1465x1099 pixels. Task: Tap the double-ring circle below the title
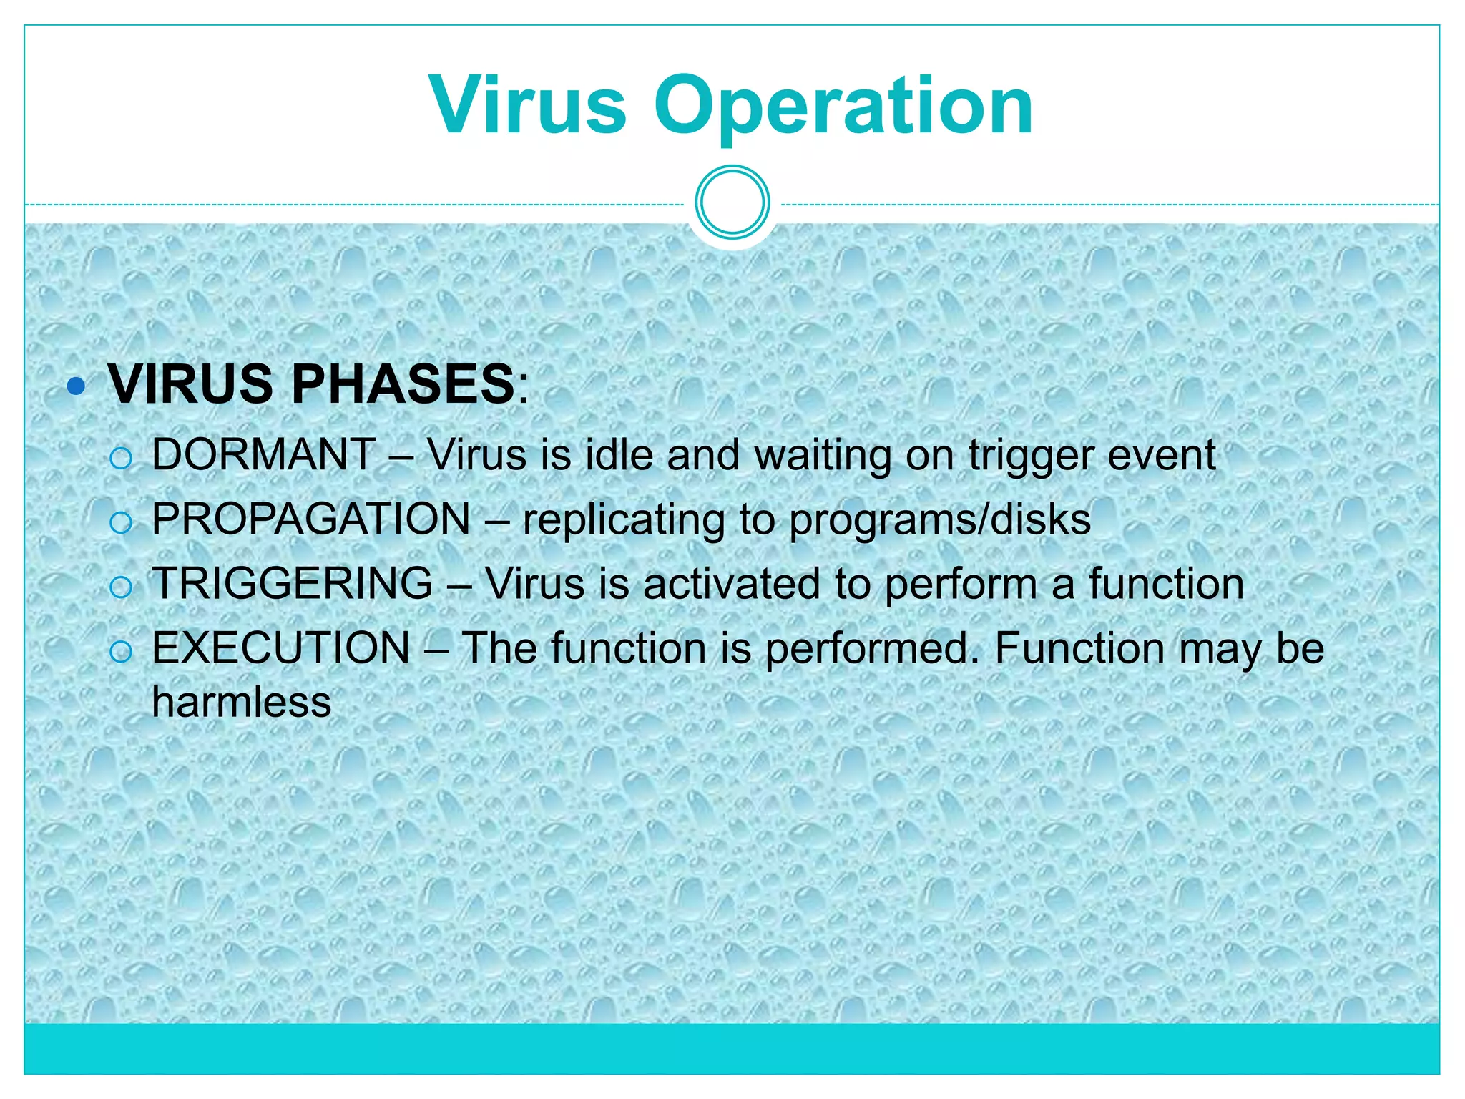tap(732, 202)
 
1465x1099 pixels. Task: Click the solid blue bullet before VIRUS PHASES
tap(76, 387)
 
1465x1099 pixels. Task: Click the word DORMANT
tap(263, 454)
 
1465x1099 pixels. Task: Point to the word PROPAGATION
tap(311, 519)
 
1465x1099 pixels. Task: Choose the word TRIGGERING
tap(293, 583)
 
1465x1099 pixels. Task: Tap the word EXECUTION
tap(281, 648)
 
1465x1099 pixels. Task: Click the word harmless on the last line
tap(242, 702)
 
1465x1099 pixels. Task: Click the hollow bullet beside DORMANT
tap(122, 458)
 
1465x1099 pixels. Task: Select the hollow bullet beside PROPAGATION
tap(122, 522)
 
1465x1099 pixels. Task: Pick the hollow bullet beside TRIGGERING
tap(122, 587)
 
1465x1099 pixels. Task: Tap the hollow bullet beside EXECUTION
tap(122, 651)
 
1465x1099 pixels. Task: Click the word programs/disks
tap(940, 520)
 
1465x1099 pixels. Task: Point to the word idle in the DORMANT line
tap(619, 454)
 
